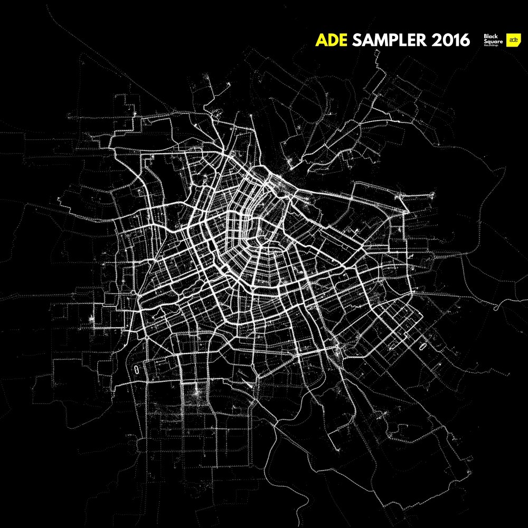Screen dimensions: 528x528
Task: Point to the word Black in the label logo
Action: [491, 36]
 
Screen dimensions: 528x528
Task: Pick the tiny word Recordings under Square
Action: [492, 45]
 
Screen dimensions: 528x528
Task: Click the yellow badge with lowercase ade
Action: [512, 40]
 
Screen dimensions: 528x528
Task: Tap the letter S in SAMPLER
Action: [357, 40]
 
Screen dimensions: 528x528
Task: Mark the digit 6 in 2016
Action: [465, 40]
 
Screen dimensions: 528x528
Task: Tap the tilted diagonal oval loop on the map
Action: [423, 347]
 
